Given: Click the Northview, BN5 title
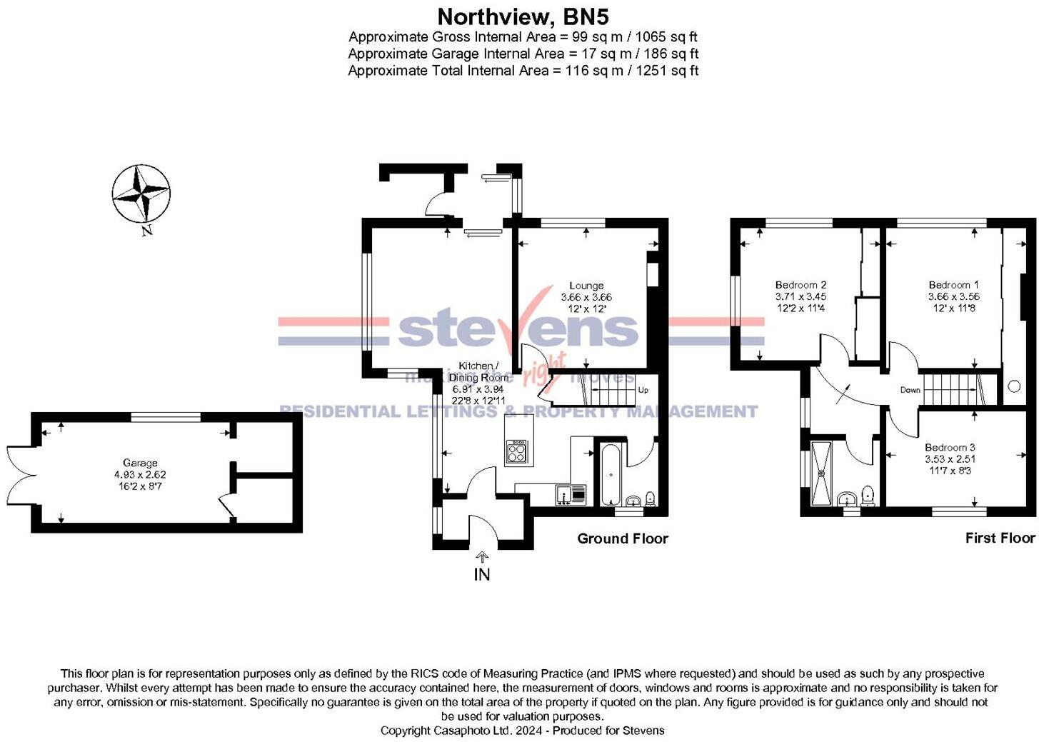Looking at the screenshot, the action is (523, 16).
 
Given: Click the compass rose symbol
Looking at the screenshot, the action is (141, 193).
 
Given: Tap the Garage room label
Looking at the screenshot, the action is (140, 463).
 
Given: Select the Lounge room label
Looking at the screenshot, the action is (586, 286).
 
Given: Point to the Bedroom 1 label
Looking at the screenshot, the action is (953, 285).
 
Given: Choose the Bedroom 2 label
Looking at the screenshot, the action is (800, 285).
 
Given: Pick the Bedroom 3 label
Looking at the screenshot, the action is (950, 448).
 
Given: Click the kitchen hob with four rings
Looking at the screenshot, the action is (518, 452).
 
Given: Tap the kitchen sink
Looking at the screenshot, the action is (571, 493).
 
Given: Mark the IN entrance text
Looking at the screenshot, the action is (482, 574).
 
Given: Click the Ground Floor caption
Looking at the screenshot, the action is (623, 538).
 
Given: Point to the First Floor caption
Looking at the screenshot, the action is (1000, 538).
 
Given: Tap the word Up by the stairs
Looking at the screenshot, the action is (643, 390).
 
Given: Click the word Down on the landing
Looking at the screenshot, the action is (910, 390).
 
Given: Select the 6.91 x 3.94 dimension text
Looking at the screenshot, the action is (478, 389).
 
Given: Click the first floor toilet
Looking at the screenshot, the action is (868, 495).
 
